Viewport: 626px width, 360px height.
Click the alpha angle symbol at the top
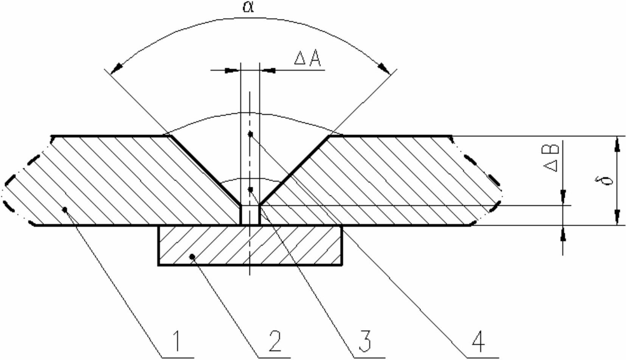pyautogui.click(x=248, y=7)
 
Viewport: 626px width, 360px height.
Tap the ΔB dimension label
pyautogui.click(x=551, y=158)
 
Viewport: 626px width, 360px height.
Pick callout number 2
pyautogui.click(x=275, y=341)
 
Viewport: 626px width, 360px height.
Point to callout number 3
pyautogui.click(x=365, y=341)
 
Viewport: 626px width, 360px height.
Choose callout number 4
pyautogui.click(x=478, y=341)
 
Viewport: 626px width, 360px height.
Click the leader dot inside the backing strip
pyautogui.click(x=192, y=256)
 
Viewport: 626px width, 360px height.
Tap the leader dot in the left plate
pyautogui.click(x=65, y=209)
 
